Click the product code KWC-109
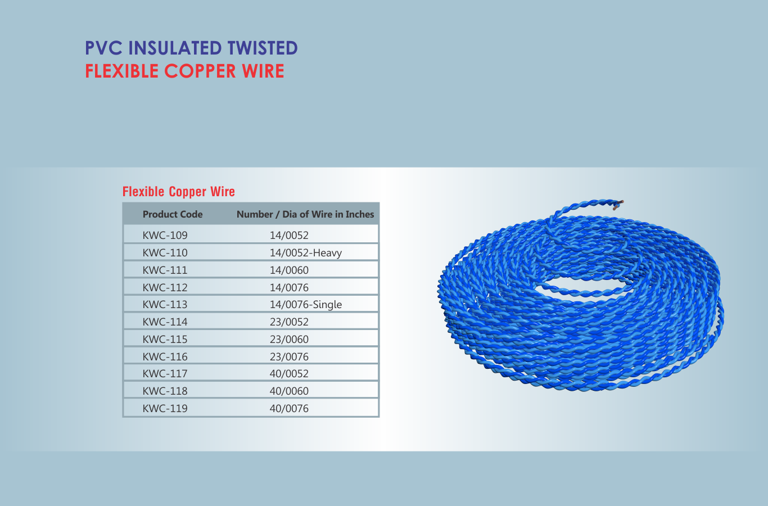[x=165, y=235]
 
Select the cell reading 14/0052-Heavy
[x=305, y=252]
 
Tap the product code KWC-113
[x=165, y=304]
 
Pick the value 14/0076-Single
[x=305, y=304]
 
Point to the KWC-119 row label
[x=165, y=408]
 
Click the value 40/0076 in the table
[x=289, y=408]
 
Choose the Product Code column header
[x=173, y=214]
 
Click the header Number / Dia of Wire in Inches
[x=305, y=214]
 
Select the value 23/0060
[x=289, y=339]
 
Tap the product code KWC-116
[x=165, y=356]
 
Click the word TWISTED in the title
[x=263, y=48]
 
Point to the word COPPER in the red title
[x=200, y=71]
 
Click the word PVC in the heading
[x=103, y=48]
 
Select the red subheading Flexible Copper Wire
[x=179, y=191]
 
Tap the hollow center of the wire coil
[x=583, y=286]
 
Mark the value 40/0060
[x=289, y=391]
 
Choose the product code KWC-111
[x=165, y=270]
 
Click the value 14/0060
[x=289, y=270]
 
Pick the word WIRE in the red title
[x=263, y=71]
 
